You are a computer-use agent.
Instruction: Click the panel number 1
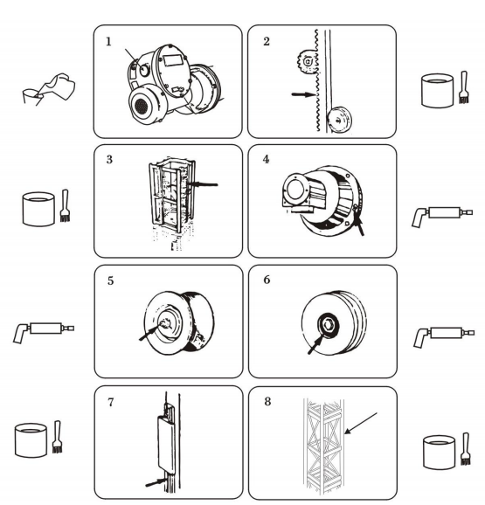(x=108, y=42)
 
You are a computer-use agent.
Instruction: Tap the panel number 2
(x=267, y=42)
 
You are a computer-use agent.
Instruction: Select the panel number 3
(x=109, y=159)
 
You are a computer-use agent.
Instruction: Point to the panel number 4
(x=266, y=159)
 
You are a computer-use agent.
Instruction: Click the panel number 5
(x=110, y=280)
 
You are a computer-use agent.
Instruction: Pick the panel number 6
(x=267, y=280)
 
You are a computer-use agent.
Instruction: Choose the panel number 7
(x=111, y=402)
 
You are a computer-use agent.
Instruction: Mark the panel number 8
(x=267, y=402)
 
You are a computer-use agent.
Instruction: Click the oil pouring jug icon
(x=49, y=89)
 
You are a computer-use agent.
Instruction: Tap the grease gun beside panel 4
(x=442, y=215)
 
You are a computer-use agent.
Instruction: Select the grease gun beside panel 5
(x=44, y=331)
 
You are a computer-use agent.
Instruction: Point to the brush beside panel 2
(x=464, y=87)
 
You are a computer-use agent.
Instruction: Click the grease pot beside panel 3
(x=38, y=209)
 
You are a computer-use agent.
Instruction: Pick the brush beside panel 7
(x=57, y=437)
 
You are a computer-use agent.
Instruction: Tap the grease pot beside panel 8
(x=439, y=453)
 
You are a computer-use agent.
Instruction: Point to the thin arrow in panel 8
(x=361, y=423)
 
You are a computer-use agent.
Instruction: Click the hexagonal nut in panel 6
(x=328, y=324)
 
